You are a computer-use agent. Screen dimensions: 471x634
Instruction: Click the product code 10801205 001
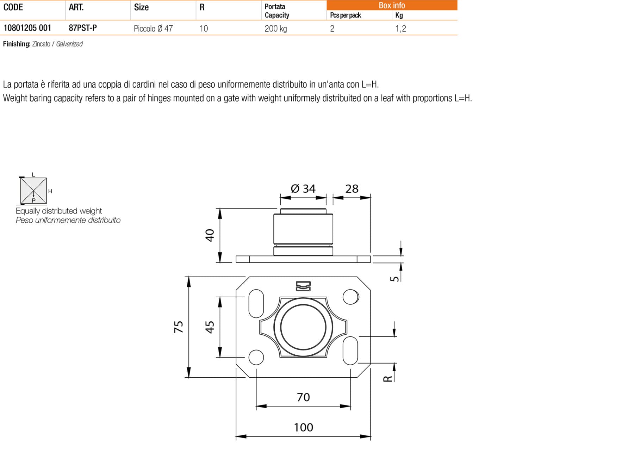point(27,28)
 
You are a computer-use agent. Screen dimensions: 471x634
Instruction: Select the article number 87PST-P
point(83,28)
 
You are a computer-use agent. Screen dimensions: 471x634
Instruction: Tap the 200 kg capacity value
point(275,29)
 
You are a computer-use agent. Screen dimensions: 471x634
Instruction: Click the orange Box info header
point(392,5)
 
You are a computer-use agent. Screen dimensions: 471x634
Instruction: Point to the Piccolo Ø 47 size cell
point(153,29)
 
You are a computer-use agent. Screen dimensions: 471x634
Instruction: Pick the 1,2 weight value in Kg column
point(400,29)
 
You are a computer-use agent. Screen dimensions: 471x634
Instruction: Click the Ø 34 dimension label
point(303,189)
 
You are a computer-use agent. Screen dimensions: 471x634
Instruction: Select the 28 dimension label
point(352,189)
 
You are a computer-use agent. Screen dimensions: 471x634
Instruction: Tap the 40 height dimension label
point(210,235)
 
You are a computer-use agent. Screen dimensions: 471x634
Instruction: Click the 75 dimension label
point(179,327)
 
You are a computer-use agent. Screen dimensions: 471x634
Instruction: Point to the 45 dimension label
point(210,327)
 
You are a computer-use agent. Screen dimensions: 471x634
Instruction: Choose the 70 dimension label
point(303,397)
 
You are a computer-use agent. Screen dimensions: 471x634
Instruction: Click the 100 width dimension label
point(303,427)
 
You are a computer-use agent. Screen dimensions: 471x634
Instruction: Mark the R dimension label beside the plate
point(387,378)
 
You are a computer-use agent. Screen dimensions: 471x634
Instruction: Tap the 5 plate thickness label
point(395,278)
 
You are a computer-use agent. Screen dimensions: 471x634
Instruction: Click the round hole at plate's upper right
point(350,297)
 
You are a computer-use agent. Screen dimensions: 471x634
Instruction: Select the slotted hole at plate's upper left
point(256,303)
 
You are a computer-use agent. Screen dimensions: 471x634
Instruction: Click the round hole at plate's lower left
point(256,357)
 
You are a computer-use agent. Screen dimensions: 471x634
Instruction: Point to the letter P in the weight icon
point(34,200)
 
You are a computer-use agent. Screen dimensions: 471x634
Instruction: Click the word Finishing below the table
point(17,44)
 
